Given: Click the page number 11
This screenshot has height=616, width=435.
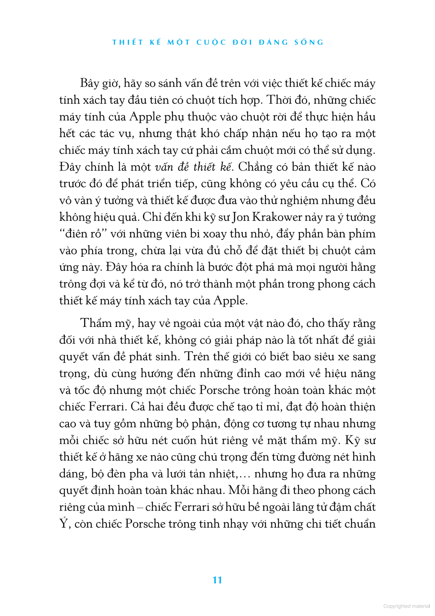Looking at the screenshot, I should (x=217, y=580).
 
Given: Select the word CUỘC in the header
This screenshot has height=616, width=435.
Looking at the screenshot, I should (x=211, y=43).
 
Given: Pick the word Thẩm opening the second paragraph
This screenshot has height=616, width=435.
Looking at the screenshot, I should (x=96, y=323).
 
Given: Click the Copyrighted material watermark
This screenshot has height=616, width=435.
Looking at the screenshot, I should (x=406, y=606).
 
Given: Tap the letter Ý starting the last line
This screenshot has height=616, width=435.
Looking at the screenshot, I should (x=64, y=523).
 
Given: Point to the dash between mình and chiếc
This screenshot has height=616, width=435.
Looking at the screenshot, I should (x=140, y=507).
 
